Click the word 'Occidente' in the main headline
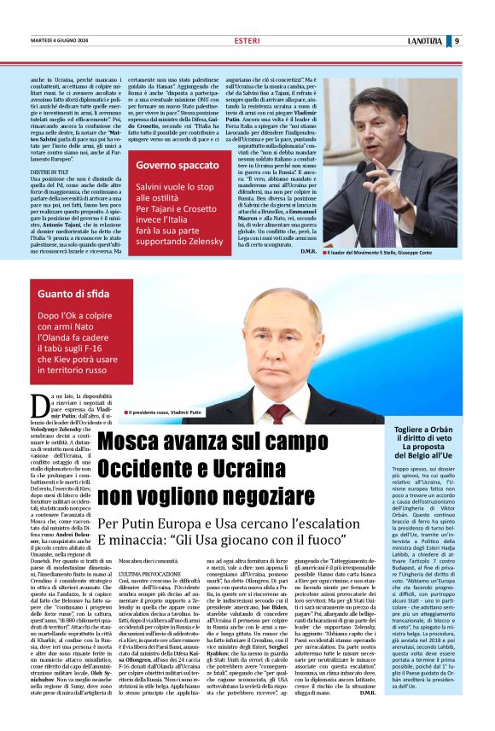[158, 469]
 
